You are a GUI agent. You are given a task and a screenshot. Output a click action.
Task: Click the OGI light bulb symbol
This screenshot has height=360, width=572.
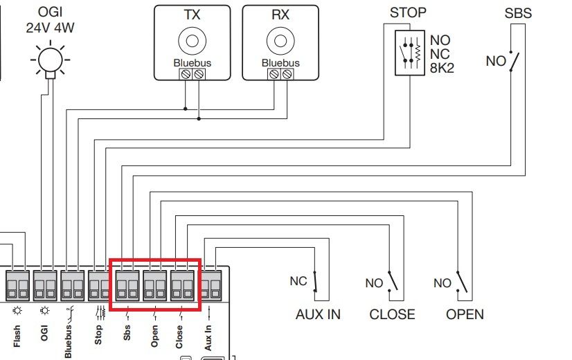tap(51, 60)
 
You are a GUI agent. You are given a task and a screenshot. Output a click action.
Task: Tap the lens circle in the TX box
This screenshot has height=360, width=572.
tap(193, 41)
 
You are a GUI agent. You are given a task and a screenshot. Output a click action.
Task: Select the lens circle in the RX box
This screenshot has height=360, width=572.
tap(280, 41)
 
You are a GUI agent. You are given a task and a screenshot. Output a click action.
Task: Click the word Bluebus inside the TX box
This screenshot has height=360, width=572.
tap(193, 63)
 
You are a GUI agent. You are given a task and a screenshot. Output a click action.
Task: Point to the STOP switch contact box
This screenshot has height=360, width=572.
tap(410, 53)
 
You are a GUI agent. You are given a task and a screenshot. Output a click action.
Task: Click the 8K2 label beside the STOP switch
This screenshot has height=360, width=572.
tap(442, 68)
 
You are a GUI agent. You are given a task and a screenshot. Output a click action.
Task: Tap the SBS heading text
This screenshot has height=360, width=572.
tap(518, 13)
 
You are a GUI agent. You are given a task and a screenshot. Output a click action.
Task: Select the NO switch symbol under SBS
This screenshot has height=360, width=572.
tap(514, 61)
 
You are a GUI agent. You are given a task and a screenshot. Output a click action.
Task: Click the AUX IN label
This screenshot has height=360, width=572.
tap(318, 314)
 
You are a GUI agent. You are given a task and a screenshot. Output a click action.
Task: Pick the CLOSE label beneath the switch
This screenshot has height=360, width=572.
tap(392, 314)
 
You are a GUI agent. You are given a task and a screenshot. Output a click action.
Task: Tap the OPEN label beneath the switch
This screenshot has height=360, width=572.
tap(465, 314)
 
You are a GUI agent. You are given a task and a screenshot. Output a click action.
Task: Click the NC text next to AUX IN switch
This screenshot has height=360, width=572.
tap(298, 281)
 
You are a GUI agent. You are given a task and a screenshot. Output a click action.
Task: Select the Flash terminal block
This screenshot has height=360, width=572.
tap(17, 286)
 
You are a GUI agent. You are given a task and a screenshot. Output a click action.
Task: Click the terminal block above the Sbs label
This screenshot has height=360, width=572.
tap(127, 286)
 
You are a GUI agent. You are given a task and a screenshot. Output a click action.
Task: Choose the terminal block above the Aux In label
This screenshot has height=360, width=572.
tap(211, 286)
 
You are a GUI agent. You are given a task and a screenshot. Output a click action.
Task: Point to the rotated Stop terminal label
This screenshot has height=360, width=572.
tap(98, 335)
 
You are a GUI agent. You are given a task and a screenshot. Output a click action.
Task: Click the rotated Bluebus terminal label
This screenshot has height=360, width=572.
tap(69, 341)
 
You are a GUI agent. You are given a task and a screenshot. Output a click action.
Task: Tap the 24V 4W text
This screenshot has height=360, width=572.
tap(50, 28)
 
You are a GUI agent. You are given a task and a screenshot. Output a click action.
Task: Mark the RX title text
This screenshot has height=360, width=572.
tap(280, 15)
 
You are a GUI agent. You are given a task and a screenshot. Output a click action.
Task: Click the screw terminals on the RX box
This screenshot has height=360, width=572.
tap(280, 74)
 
